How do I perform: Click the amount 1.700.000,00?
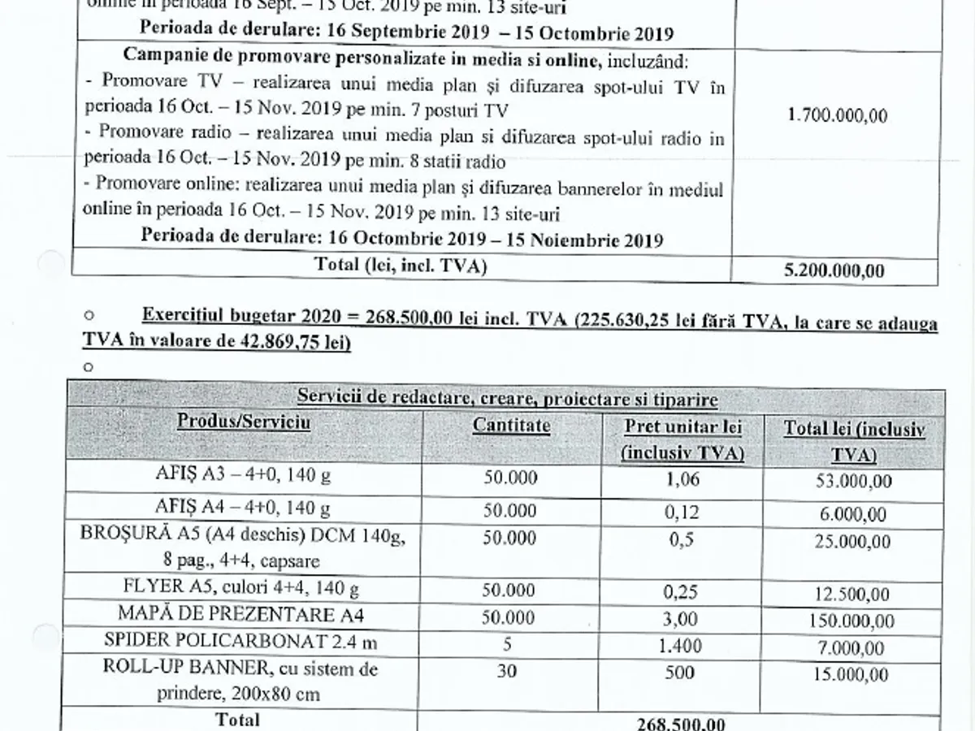837,115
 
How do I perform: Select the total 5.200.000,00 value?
834,271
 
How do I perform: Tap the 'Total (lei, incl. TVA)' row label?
402,266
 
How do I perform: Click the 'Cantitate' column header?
511,425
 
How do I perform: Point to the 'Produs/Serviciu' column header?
245,422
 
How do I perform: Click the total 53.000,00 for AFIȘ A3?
853,481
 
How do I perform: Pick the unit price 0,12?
682,512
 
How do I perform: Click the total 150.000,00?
853,621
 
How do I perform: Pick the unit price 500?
682,673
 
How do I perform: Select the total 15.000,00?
853,676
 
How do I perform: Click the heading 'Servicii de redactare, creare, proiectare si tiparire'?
507,398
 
